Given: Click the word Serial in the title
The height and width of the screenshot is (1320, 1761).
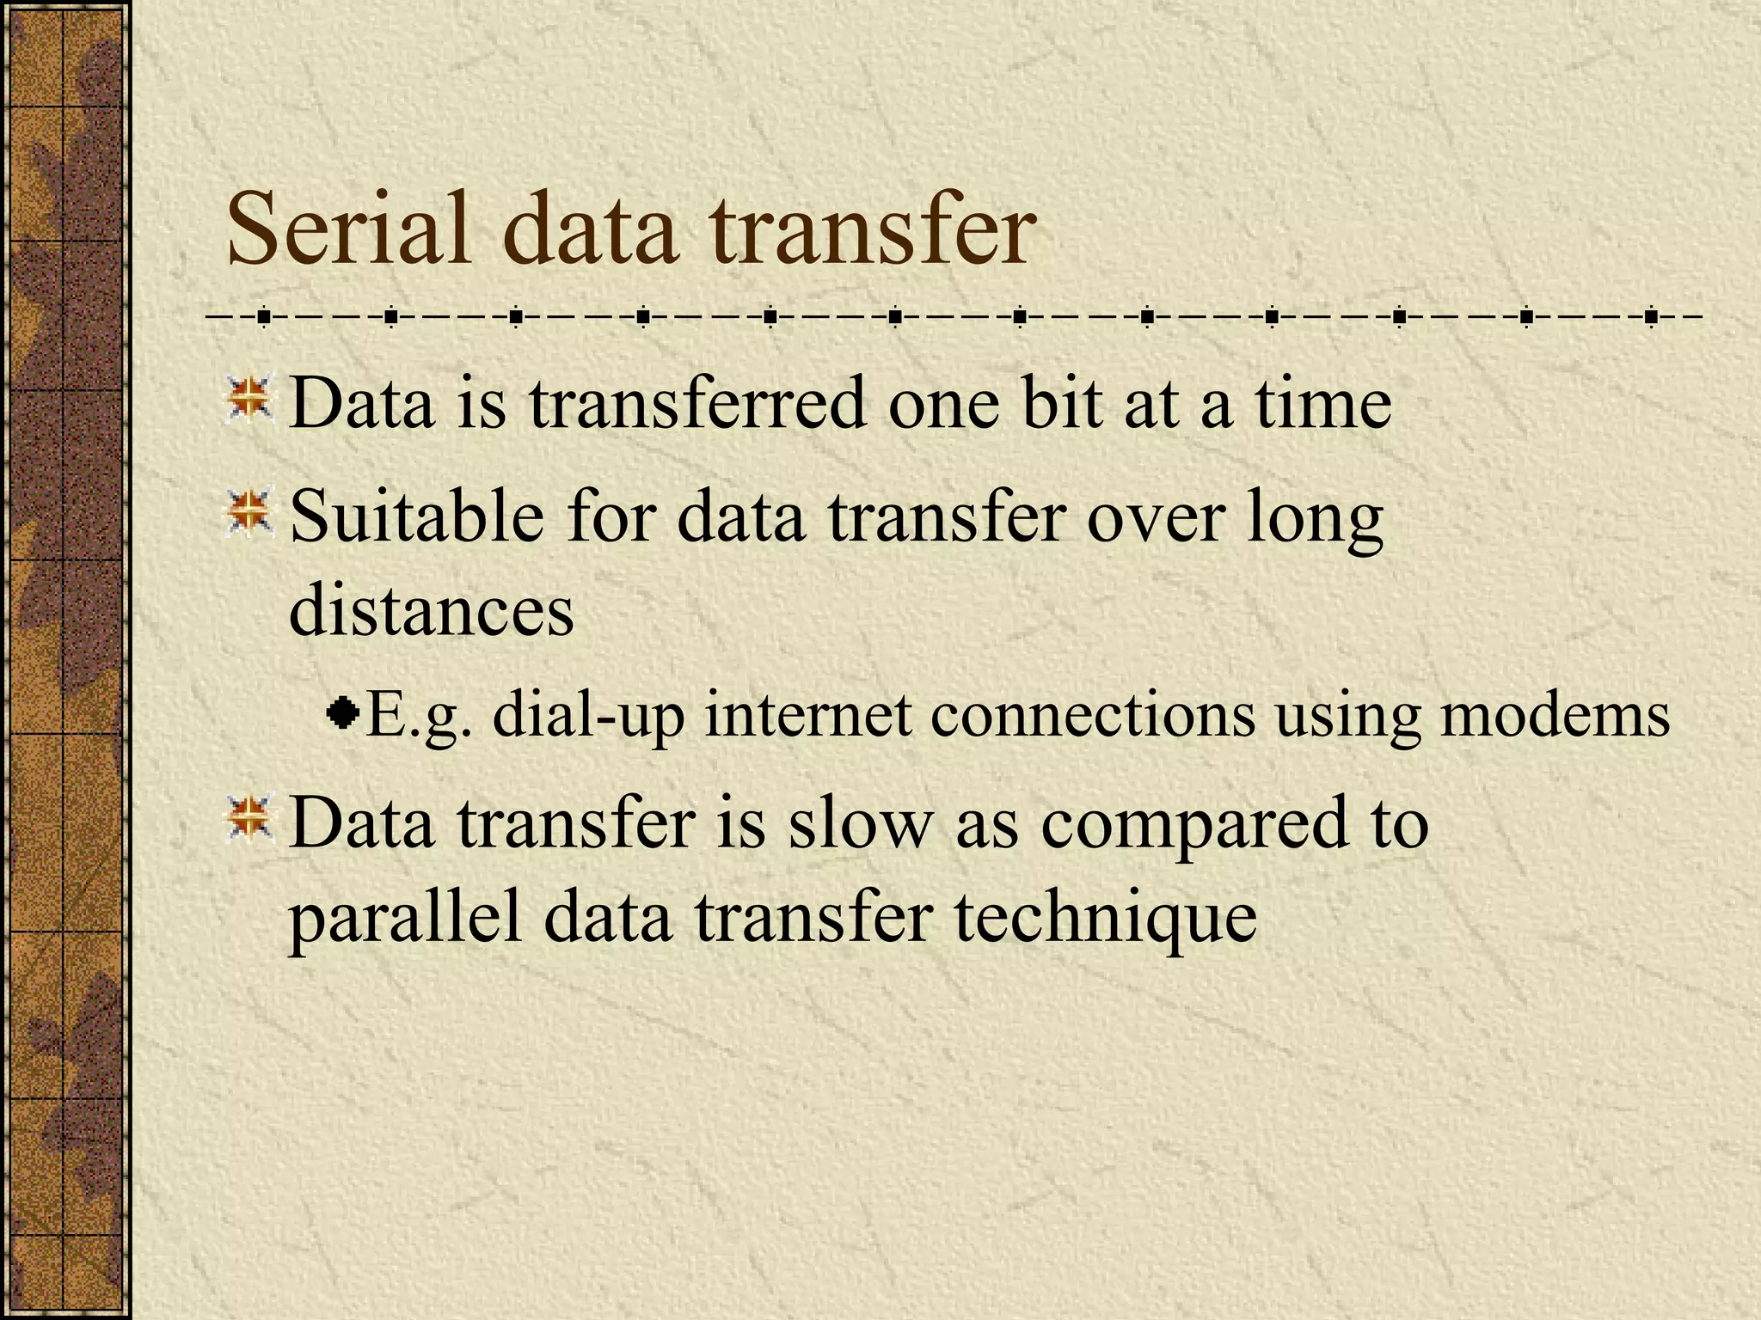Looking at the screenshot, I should click(348, 230).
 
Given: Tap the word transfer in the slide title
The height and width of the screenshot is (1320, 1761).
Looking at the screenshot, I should click(873, 230).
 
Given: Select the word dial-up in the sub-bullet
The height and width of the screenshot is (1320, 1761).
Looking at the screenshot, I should click(588, 715).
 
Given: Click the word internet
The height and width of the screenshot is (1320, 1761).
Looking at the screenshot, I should click(807, 715).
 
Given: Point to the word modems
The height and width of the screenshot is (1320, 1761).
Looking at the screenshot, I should click(1555, 715).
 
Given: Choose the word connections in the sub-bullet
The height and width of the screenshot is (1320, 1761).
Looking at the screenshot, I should click(1092, 715).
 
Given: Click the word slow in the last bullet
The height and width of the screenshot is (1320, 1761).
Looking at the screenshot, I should click(860, 822).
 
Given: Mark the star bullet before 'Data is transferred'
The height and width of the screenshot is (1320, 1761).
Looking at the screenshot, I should click(249, 400).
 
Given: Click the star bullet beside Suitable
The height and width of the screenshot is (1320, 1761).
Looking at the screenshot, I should click(249, 513).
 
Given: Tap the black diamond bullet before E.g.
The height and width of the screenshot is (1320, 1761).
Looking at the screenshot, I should click(344, 712).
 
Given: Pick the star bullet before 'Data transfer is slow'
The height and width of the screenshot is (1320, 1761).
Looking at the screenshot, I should click(249, 818).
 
